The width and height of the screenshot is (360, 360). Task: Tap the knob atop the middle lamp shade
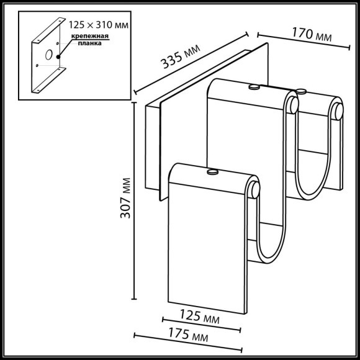coord(253,87)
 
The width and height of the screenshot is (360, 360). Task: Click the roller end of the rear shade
coord(336,112)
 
